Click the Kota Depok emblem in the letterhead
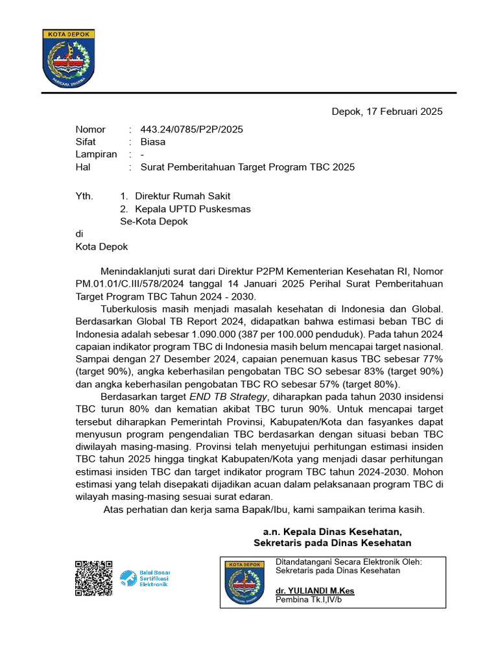click(69, 58)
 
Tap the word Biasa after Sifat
click(152, 141)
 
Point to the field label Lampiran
click(96, 154)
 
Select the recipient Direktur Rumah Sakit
click(182, 196)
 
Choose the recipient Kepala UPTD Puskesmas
click(193, 209)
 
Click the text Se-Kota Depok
click(154, 221)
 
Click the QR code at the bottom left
click(94, 578)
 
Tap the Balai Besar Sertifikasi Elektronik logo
click(144, 578)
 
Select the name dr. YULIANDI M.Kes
click(315, 591)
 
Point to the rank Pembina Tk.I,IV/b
click(309, 600)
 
